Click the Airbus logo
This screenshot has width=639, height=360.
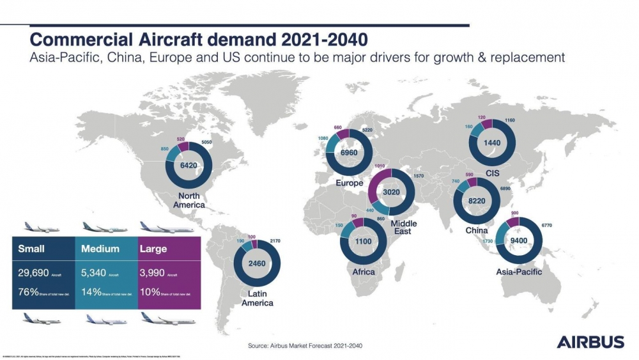(590, 341)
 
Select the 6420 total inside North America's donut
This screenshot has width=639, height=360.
(189, 165)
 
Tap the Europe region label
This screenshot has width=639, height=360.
(349, 183)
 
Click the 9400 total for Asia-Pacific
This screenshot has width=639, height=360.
(519, 242)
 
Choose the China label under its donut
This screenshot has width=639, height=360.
(476, 230)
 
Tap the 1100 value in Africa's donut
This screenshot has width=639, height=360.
(364, 242)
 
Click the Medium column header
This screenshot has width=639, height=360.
(100, 248)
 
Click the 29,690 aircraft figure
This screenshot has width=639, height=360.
(36, 272)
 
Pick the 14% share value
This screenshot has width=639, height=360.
(92, 293)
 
